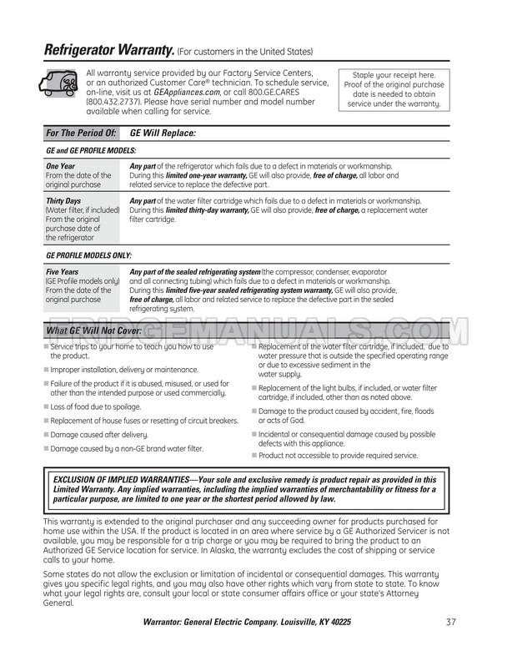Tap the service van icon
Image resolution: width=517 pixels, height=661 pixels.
pos(59,83)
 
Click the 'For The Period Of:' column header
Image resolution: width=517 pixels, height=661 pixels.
pos(81,133)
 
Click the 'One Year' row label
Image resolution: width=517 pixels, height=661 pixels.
pos(62,166)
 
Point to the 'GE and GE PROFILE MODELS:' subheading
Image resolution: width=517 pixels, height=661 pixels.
pos(91,150)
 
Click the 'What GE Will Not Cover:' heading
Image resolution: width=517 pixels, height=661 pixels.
pos(93,331)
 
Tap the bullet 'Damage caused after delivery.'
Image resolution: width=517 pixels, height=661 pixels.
pos(99,435)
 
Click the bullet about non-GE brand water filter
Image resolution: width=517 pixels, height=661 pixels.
pos(127,449)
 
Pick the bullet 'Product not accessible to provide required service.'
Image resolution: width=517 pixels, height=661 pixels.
pos(338,456)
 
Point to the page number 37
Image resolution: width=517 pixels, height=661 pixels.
pos(450,622)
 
